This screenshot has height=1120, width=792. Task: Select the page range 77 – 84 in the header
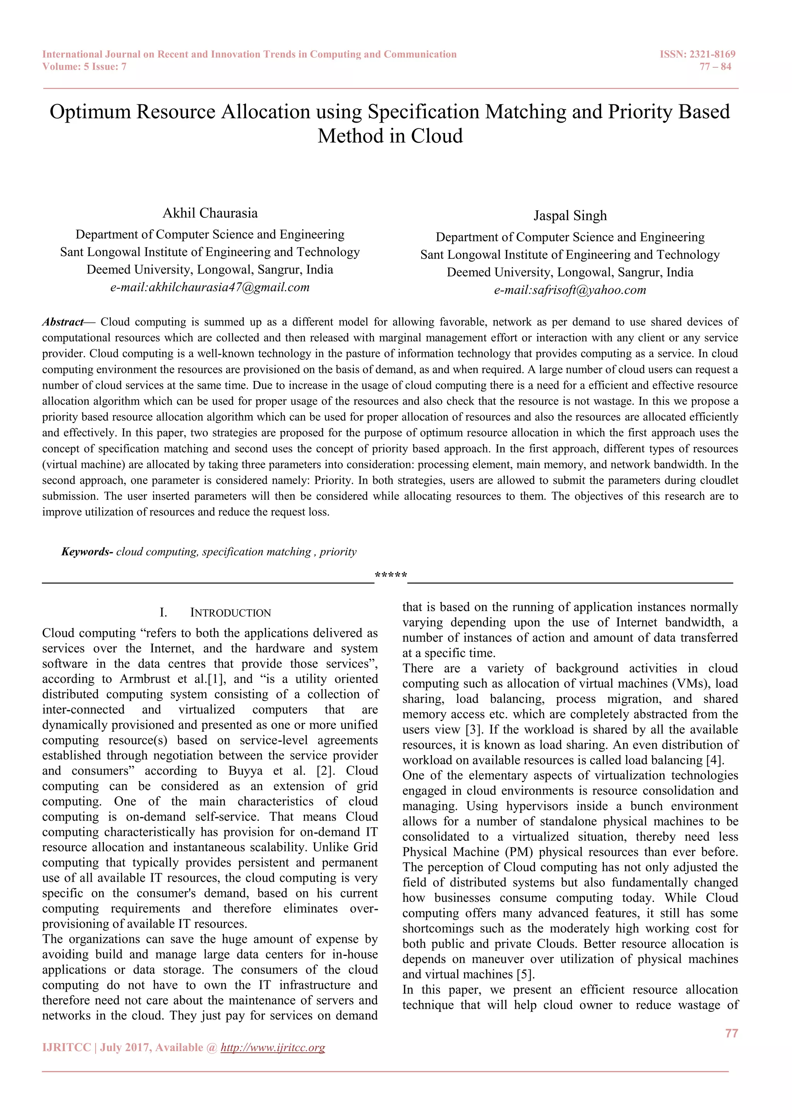tap(715, 67)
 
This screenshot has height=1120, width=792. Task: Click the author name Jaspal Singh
tap(570, 216)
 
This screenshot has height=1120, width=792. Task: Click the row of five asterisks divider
tap(391, 575)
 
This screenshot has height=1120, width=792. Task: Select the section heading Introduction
tap(230, 613)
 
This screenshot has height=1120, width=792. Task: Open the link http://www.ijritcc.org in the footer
tap(273, 1047)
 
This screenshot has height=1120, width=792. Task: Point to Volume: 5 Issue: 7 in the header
tap(84, 67)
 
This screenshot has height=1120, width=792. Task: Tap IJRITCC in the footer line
tap(67, 1047)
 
